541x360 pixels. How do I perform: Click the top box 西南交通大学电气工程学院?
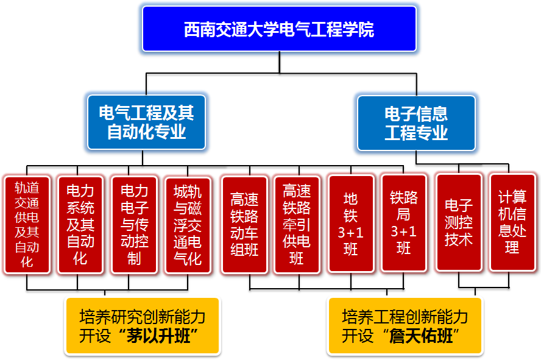pos(279,29)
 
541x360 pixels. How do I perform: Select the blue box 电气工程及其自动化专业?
pos(146,122)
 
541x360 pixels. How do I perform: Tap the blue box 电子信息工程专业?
pos(416,122)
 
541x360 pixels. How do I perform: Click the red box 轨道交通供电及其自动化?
pos(27,224)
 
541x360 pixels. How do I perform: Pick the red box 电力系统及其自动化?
pos(80,224)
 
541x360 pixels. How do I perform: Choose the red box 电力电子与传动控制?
pos(134,224)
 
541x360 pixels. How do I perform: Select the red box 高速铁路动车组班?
pos(244,224)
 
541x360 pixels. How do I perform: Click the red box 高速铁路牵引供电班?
pos(297,224)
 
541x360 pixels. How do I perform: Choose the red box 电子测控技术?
pos(459,222)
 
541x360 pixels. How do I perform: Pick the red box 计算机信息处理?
pos(512,222)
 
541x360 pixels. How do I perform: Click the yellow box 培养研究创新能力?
pos(142,326)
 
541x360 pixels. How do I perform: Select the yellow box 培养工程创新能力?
pos(405,326)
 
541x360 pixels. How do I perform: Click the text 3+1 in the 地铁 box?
pos(350,232)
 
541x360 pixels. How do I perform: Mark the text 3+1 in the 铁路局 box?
pos(403,231)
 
